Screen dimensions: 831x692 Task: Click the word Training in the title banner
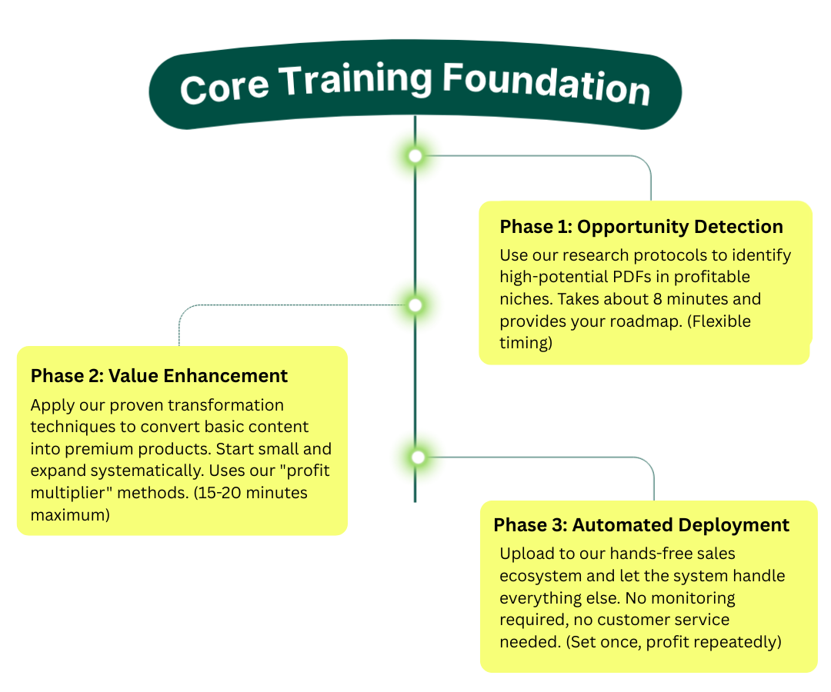[355, 81]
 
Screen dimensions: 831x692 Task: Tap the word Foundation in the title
[546, 84]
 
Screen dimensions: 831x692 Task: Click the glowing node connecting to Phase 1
[415, 155]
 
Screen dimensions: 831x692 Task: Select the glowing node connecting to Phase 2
[415, 305]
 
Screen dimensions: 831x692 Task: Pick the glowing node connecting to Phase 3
[418, 457]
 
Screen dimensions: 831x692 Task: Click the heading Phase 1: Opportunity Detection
[641, 227]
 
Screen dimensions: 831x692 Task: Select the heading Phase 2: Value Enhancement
[159, 376]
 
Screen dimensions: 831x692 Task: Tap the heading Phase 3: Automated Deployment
[641, 524]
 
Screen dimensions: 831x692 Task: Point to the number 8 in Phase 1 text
[658, 299]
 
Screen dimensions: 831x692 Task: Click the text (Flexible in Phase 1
[719, 321]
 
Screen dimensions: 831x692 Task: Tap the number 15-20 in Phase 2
[217, 493]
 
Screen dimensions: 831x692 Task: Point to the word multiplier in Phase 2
[72, 494]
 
